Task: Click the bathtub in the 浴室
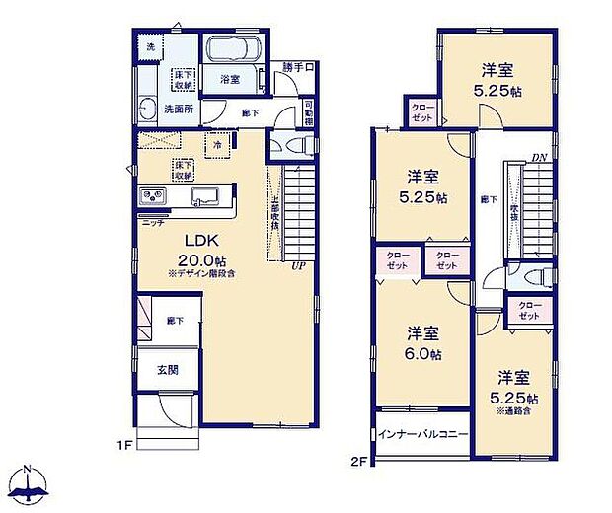click(x=233, y=50)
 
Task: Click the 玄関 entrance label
click(x=168, y=370)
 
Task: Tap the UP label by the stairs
click(x=297, y=264)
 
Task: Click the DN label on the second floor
click(x=539, y=157)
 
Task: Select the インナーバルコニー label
click(x=421, y=433)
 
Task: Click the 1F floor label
click(x=125, y=445)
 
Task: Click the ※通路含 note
click(x=516, y=410)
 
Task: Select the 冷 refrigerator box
click(x=217, y=144)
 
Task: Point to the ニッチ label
click(x=152, y=222)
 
